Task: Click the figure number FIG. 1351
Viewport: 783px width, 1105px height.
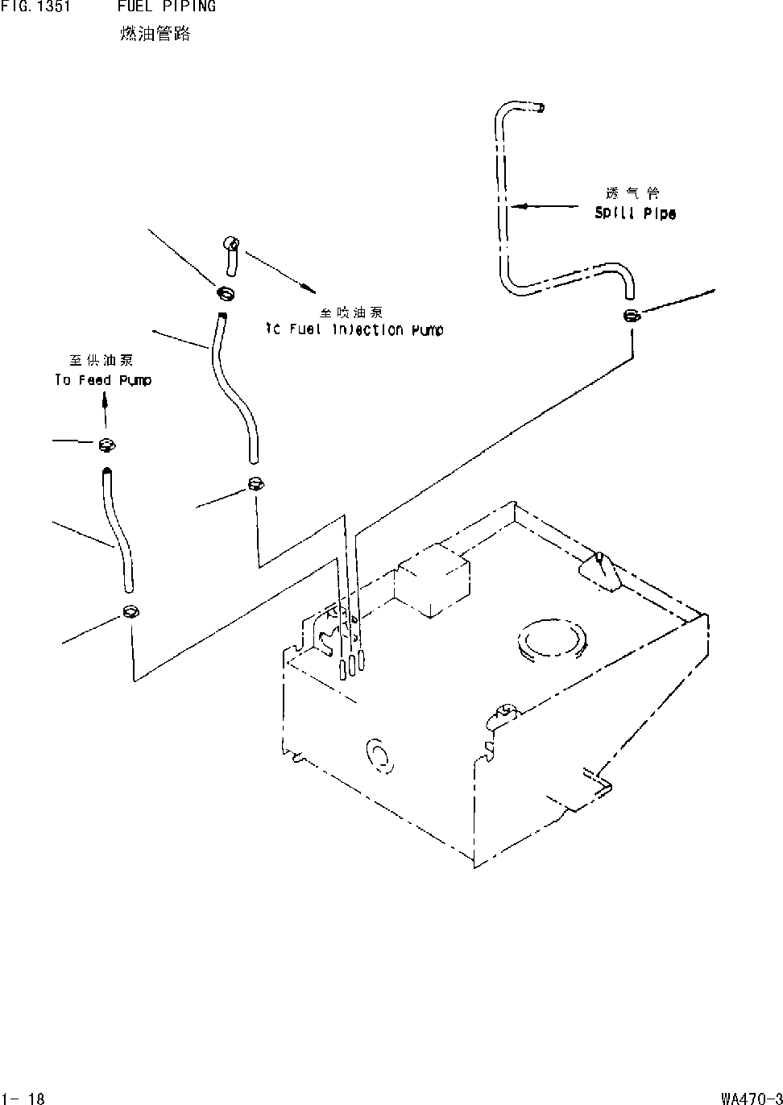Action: click(x=35, y=7)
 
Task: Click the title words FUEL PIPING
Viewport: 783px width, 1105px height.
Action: click(x=167, y=7)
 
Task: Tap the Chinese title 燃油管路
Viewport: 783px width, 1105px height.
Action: click(x=155, y=34)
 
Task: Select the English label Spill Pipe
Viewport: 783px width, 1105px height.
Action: click(x=635, y=213)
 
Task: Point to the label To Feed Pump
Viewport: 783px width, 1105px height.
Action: click(x=102, y=380)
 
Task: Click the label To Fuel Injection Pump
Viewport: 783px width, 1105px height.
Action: click(x=354, y=329)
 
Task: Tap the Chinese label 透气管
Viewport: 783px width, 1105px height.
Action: click(x=632, y=193)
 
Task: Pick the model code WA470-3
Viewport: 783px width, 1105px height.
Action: click(x=751, y=1097)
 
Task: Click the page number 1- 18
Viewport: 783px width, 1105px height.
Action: click(x=23, y=1097)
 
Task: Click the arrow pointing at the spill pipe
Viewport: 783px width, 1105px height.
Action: click(x=524, y=206)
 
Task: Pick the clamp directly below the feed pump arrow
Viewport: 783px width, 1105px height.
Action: click(x=106, y=444)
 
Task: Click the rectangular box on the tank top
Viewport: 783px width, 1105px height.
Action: click(x=434, y=580)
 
